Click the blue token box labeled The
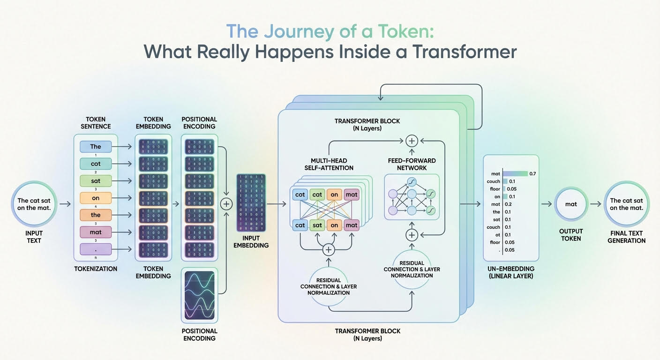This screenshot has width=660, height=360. [96, 147]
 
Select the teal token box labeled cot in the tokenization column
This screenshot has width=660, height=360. [96, 164]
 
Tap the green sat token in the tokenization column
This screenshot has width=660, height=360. [96, 181]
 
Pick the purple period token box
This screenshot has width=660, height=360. [96, 249]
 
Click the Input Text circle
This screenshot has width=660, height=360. [34, 204]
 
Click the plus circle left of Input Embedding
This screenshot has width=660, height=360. [226, 204]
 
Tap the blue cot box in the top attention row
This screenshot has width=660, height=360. [300, 195]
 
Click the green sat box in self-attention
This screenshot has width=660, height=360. [317, 225]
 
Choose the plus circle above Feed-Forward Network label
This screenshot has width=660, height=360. [412, 140]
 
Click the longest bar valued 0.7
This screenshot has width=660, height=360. [515, 173]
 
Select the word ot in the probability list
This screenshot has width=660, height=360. [497, 235]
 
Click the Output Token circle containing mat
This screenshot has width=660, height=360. [571, 204]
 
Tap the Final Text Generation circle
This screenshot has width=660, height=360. [627, 204]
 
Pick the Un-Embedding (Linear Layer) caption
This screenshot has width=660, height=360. [511, 272]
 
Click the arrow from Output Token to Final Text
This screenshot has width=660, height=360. [595, 204]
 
